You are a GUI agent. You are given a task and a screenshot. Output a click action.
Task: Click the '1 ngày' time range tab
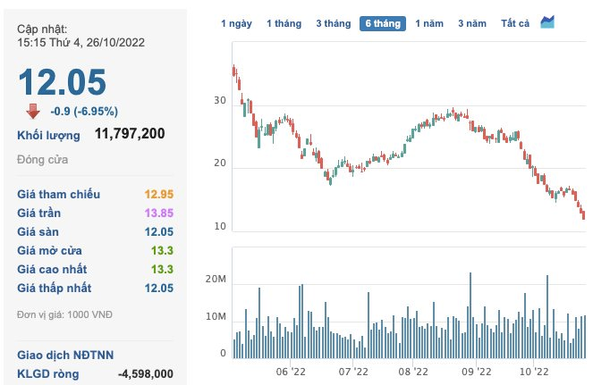click(x=237, y=23)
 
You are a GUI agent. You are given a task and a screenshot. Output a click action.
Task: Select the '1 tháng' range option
click(x=285, y=23)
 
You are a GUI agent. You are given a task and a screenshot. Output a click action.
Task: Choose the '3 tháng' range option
click(x=333, y=23)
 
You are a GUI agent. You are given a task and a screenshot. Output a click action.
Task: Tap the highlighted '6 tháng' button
click(x=383, y=23)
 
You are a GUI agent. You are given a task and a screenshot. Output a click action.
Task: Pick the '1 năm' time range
click(x=429, y=23)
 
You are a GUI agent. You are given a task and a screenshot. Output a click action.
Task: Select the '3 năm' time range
click(x=472, y=23)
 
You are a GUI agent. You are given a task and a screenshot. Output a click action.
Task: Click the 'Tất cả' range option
click(x=516, y=23)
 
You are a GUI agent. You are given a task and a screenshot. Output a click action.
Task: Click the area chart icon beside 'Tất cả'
click(x=547, y=21)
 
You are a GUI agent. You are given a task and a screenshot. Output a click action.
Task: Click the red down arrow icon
click(x=32, y=111)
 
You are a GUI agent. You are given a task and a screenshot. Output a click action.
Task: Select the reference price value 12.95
click(x=157, y=194)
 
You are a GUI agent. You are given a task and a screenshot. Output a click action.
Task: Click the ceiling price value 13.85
click(x=157, y=213)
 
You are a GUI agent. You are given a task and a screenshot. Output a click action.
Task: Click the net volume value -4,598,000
click(x=146, y=373)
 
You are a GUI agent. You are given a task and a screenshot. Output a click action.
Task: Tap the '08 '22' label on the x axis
click(x=416, y=371)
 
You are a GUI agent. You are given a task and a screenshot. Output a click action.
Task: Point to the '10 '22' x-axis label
click(x=533, y=371)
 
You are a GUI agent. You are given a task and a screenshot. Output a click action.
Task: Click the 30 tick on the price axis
click(x=219, y=102)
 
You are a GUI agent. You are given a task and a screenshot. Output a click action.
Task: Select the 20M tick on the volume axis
click(x=216, y=280)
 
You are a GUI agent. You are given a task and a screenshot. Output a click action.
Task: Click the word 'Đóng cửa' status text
click(x=42, y=160)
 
